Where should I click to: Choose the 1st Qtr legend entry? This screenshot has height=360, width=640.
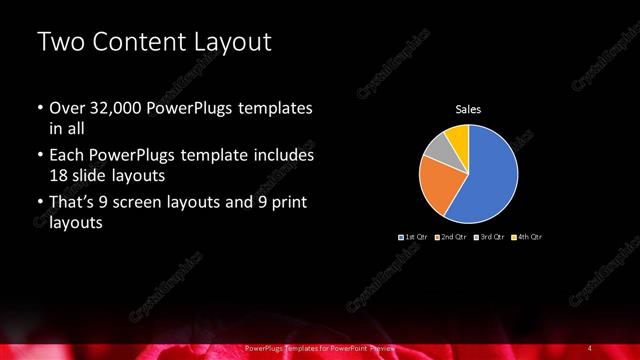(x=413, y=237)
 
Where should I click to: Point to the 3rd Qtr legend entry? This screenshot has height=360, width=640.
(x=489, y=237)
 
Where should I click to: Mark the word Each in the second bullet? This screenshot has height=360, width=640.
(x=67, y=156)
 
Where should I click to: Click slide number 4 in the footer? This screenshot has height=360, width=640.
(x=591, y=347)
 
